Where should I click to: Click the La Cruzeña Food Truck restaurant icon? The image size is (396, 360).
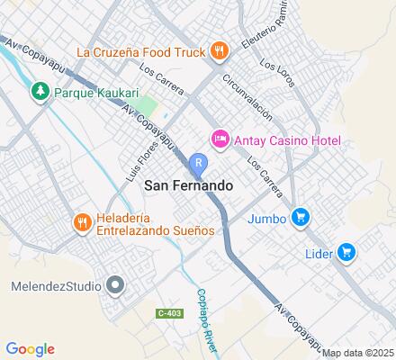coord(217,50)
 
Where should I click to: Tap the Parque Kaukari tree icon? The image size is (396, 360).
coord(40,91)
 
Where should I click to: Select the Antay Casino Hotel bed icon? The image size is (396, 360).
coord(219,138)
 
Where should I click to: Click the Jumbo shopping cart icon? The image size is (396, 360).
coord(301,217)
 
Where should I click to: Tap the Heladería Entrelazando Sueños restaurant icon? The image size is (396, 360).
coord(82,223)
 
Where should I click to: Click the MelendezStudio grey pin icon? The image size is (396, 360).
coord(115,286)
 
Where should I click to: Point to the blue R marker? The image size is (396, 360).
coord(199,162)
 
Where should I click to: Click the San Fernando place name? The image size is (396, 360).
coord(188,185)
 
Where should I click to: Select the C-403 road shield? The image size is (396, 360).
coord(167,313)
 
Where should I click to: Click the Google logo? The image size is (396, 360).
coord(30,349)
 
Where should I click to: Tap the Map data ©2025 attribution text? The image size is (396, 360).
coord(358,353)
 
